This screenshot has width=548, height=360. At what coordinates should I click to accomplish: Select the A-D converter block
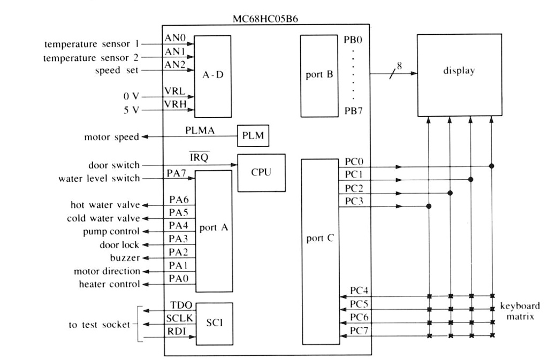pyautogui.click(x=212, y=76)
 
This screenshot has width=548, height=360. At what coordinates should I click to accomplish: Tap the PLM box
pyautogui.click(x=253, y=136)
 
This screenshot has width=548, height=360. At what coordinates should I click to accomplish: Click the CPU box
pyautogui.click(x=261, y=173)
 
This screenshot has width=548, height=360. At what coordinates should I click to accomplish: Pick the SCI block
pyautogui.click(x=213, y=324)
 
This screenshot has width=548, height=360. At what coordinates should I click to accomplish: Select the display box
pyautogui.click(x=459, y=75)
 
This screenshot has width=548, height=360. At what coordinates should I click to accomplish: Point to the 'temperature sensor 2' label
pyautogui.click(x=86, y=58)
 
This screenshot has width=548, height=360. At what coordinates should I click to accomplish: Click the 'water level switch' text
pyautogui.click(x=99, y=178)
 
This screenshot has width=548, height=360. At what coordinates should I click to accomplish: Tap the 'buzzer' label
pyautogui.click(x=125, y=258)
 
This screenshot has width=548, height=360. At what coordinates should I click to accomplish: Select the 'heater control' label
pyautogui.click(x=109, y=284)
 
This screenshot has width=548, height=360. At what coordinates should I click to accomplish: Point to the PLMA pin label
pyautogui.click(x=199, y=130)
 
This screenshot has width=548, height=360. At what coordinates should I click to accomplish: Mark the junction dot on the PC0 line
pyautogui.click(x=491, y=166)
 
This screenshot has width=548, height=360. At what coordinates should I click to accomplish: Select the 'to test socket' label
pyautogui.click(x=101, y=325)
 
